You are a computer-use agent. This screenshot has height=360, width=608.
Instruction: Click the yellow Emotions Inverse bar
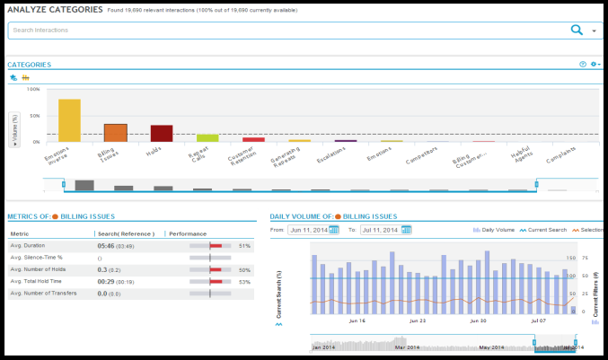point(69,120)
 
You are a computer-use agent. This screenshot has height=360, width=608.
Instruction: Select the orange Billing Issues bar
point(115,133)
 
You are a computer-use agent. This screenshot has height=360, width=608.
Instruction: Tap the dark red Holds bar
point(162,133)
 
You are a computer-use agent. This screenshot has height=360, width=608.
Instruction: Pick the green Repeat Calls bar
point(207,138)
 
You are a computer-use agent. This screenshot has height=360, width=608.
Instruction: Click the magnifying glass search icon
point(577,31)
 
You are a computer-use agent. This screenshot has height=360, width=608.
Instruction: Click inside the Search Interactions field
point(269,31)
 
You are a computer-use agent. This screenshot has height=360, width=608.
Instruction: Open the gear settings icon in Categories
point(594,65)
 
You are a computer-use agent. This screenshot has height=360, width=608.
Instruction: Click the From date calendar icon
point(334,230)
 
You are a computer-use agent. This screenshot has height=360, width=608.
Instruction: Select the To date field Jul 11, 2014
point(379,230)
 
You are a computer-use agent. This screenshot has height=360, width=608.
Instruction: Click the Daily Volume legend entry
point(494,230)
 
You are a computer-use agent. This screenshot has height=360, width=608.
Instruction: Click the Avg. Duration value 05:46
point(106,245)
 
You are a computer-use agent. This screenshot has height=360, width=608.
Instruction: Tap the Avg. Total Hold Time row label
point(41,281)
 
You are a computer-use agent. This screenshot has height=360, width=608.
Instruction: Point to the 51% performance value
point(244,245)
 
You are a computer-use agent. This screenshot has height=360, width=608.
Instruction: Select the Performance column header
point(188,233)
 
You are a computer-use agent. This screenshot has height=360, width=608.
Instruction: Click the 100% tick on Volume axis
point(33,90)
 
